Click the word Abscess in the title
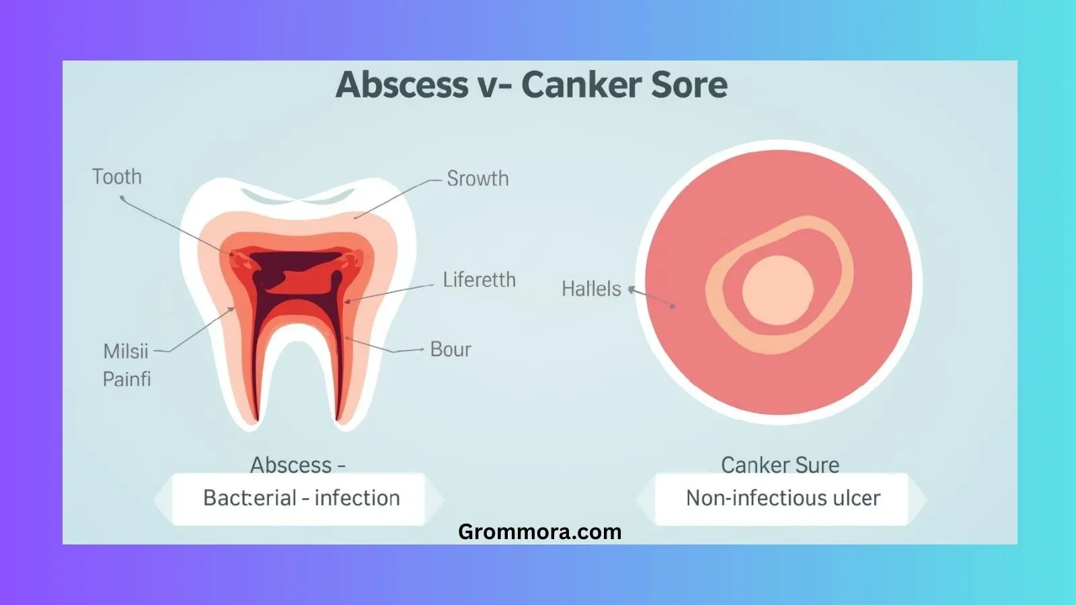coord(402,85)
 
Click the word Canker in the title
coord(571,85)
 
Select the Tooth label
coord(117,177)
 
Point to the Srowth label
coord(477,179)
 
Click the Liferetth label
coord(479,280)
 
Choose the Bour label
coord(451,350)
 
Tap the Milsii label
coord(126,352)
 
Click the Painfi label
coord(126,379)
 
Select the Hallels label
coord(591,289)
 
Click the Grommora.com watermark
coord(539,532)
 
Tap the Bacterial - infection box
coord(301,498)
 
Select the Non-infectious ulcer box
coord(783,498)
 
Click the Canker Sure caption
coord(780,465)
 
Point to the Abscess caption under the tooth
coord(297,465)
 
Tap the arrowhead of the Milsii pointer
coord(233,309)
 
